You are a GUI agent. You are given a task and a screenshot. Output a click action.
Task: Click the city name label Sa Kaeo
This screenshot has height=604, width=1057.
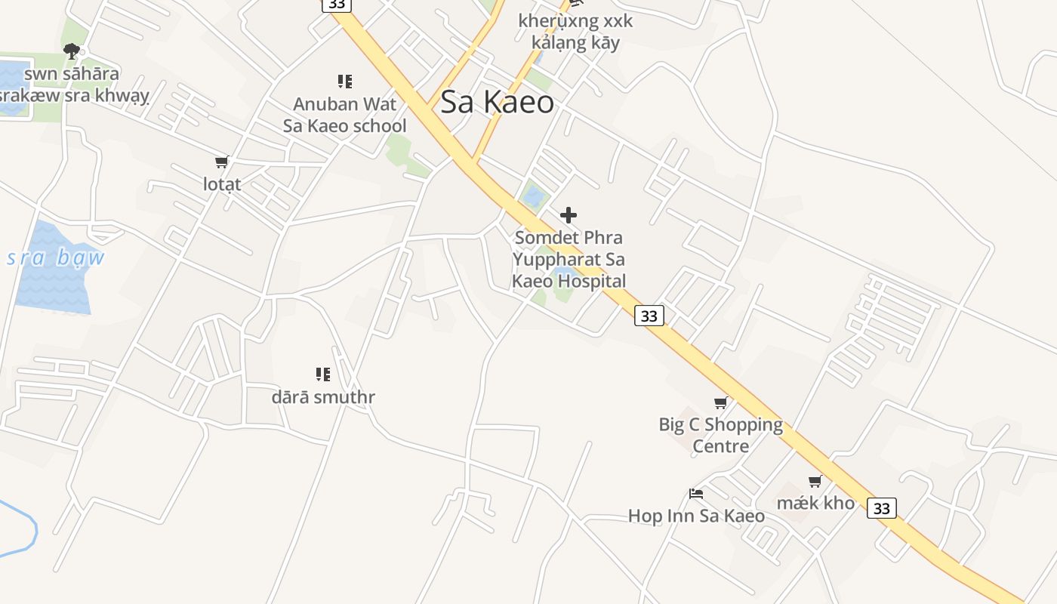click(497, 102)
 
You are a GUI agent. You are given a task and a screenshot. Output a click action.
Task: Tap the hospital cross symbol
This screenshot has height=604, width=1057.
click(569, 215)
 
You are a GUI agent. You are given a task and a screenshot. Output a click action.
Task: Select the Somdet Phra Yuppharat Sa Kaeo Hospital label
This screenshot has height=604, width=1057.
click(569, 260)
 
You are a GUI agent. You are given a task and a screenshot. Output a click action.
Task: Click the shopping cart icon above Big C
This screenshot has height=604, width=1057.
click(721, 402)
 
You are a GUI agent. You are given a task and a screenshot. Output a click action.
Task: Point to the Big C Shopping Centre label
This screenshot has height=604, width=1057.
click(721, 435)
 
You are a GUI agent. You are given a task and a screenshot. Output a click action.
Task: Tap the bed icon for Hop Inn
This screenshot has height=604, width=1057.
click(696, 494)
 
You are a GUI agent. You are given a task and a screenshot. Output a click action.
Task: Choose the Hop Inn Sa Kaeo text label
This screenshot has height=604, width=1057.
click(696, 516)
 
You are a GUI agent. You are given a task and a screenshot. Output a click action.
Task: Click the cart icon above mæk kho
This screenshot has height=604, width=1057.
click(815, 481)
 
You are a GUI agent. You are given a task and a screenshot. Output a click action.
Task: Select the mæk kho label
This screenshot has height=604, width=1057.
click(816, 503)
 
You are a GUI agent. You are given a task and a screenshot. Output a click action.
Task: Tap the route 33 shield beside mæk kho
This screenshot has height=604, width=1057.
click(881, 508)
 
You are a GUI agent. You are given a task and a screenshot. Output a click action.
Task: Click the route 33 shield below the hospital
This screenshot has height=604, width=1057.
click(649, 316)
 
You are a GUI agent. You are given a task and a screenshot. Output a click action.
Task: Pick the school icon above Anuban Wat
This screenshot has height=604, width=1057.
click(344, 81)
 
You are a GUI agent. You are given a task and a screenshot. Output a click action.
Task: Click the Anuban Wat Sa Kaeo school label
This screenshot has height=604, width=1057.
click(344, 115)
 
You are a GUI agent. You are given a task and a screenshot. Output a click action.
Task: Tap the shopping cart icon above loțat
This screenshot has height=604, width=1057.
click(221, 162)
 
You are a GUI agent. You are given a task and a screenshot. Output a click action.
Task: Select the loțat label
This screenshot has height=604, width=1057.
click(222, 183)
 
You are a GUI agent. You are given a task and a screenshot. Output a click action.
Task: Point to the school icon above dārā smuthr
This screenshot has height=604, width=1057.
click(323, 374)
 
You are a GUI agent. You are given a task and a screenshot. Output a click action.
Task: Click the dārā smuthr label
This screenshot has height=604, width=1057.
click(323, 397)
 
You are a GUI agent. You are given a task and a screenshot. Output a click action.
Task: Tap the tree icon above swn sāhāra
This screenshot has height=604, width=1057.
click(72, 51)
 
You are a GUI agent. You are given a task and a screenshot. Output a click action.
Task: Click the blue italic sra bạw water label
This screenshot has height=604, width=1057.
click(55, 258)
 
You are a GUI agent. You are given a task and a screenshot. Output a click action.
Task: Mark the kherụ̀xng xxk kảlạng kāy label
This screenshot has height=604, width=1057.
click(575, 32)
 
